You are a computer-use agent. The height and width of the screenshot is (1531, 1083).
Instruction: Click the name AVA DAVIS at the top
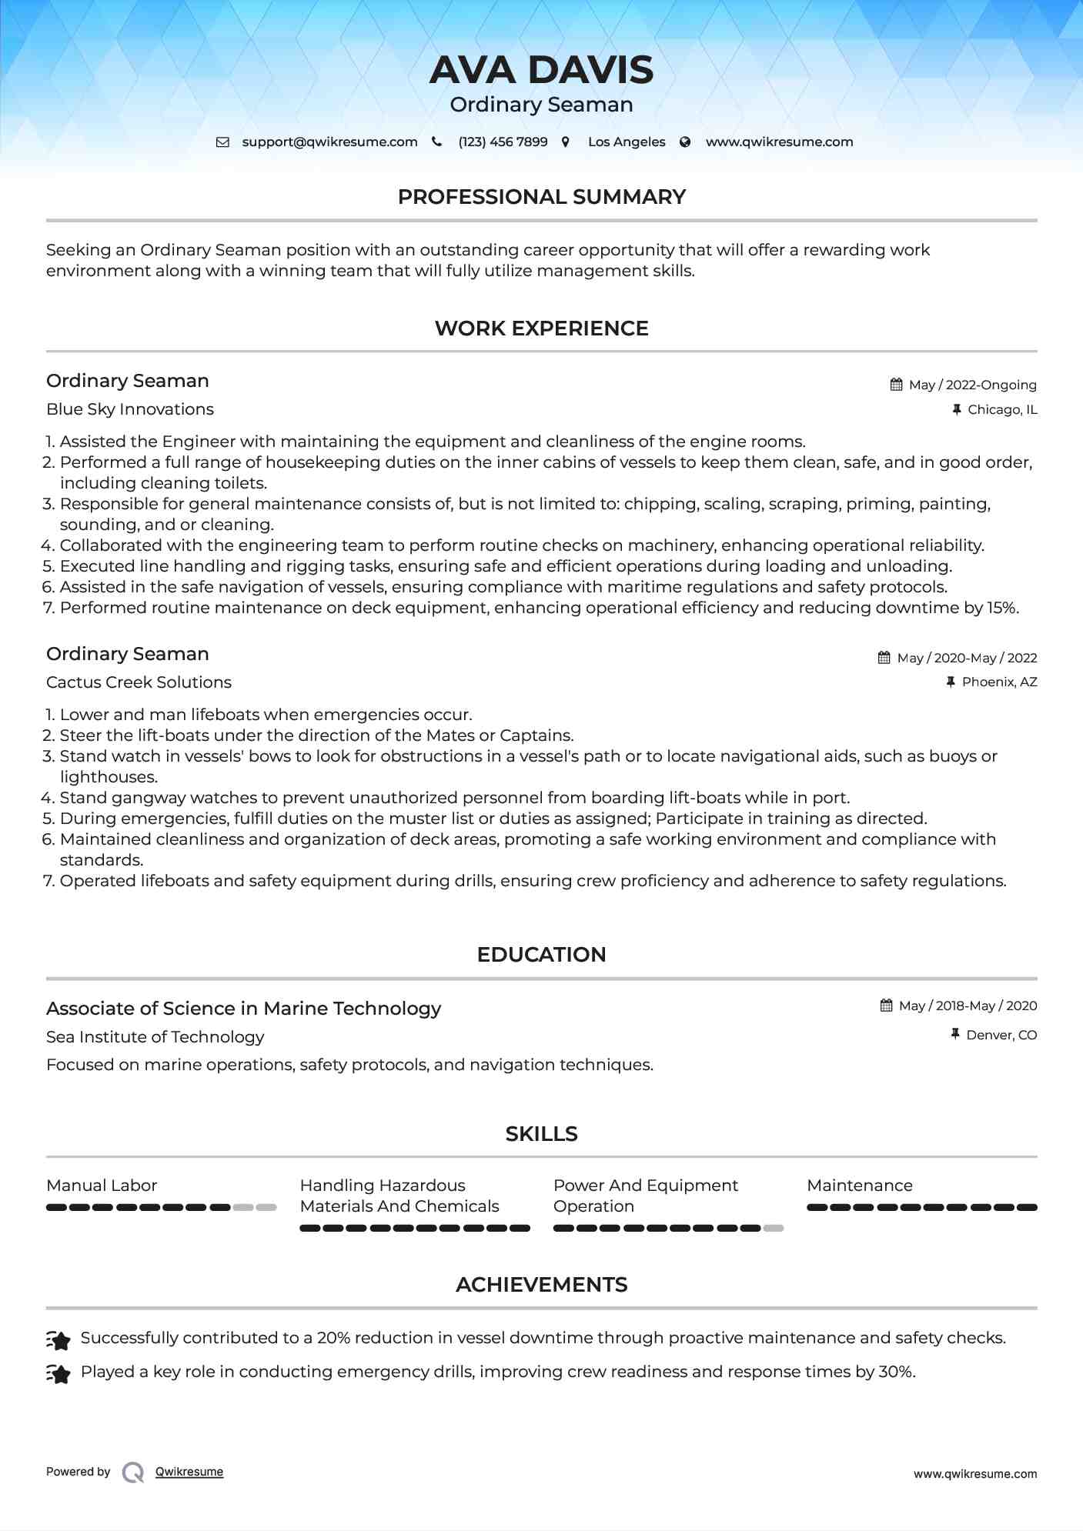point(541,70)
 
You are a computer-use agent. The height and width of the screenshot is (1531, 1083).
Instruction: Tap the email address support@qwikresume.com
point(329,142)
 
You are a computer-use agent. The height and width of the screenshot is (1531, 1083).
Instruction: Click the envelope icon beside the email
point(222,142)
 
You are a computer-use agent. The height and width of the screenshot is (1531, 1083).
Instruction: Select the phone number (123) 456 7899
point(503,142)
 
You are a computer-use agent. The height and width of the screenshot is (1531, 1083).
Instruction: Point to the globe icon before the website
point(685,142)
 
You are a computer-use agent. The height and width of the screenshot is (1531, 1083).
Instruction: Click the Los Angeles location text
point(627,142)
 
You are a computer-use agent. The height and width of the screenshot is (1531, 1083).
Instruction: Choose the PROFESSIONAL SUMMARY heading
point(541,197)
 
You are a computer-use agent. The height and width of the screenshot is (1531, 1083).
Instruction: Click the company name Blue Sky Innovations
point(130,409)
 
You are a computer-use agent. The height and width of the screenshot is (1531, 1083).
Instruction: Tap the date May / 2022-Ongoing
point(972,385)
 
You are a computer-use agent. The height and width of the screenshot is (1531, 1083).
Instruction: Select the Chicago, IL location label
point(1002,409)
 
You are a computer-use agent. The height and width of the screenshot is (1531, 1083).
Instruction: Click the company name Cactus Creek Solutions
point(139,682)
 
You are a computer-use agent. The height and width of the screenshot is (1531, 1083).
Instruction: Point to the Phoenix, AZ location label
point(999,682)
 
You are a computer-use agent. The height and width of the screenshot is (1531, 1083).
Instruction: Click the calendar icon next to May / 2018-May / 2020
point(887,1006)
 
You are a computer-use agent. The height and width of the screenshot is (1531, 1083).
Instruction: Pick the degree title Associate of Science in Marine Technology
point(243,1009)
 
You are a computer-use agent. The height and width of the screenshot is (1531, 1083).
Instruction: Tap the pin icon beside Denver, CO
point(955,1035)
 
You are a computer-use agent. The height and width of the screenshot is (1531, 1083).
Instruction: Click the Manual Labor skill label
point(102,1186)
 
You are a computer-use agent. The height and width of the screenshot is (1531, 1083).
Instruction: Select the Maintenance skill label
point(859,1186)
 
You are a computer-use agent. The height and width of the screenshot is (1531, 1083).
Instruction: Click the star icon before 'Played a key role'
point(58,1373)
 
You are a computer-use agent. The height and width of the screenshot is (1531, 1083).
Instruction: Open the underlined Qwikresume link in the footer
point(189,1472)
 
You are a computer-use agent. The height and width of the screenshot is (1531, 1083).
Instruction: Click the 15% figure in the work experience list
point(1002,608)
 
